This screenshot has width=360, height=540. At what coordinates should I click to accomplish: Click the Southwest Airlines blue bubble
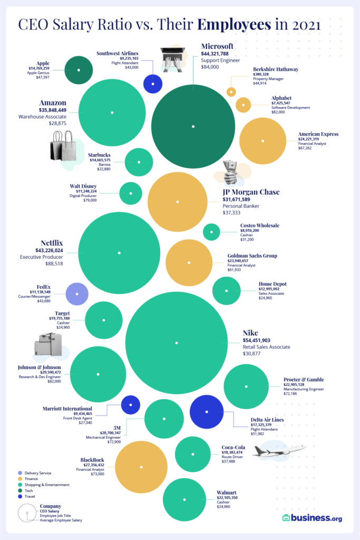tap(153, 84)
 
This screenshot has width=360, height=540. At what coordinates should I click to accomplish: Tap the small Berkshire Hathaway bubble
tap(231, 92)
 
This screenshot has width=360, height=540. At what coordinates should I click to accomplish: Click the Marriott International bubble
tap(130, 404)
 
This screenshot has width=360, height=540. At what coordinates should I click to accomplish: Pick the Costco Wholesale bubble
tap(211, 232)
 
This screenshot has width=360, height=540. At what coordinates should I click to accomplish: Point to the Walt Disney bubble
tap(131, 193)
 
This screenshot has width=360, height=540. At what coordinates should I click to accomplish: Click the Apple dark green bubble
tap(79, 70)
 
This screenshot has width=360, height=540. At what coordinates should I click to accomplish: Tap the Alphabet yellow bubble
tap(243, 105)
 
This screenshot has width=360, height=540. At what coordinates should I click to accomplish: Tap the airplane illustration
tap(279, 451)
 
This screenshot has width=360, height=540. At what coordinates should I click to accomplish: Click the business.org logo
tap(312, 518)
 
